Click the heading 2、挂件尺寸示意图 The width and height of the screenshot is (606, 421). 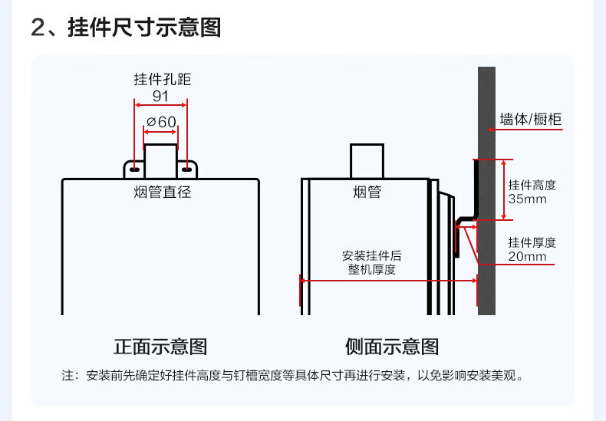tap(126, 27)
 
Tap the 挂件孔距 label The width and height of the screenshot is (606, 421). tap(163, 79)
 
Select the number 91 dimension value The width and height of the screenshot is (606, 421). tap(160, 96)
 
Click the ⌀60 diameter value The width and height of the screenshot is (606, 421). tap(162, 122)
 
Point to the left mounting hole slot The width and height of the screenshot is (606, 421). tap(134, 169)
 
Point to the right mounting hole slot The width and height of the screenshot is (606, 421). tap(186, 169)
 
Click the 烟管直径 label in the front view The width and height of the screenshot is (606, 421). tap(163, 192)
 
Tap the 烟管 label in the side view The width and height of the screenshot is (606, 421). tap(367, 192)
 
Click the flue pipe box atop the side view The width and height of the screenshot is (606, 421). tap(367, 161)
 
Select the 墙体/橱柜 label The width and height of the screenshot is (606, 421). tap(530, 119)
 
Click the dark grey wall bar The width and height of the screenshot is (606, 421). tap(486, 191)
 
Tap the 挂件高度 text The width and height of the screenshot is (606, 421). tap(532, 185)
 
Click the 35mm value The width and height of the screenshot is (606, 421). tap(527, 199)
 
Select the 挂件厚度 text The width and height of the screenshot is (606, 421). tap(532, 242)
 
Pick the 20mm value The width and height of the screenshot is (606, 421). tap(527, 256)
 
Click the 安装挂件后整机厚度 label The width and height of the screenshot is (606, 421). tap(371, 262)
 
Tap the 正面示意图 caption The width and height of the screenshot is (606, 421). tap(160, 347)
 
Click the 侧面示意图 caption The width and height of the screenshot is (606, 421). tap(392, 347)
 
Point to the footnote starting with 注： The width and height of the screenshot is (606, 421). tap(293, 375)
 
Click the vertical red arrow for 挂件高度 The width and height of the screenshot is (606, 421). tap(503, 189)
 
